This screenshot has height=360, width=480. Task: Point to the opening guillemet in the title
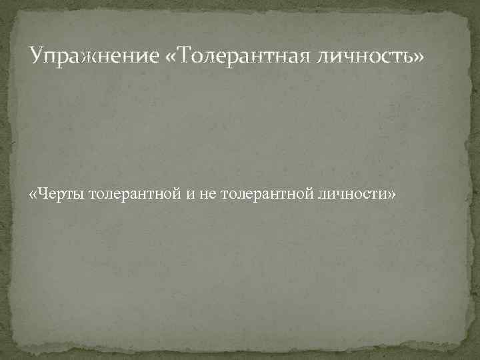[168, 57]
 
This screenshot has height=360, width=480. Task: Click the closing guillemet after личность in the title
[417, 57]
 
